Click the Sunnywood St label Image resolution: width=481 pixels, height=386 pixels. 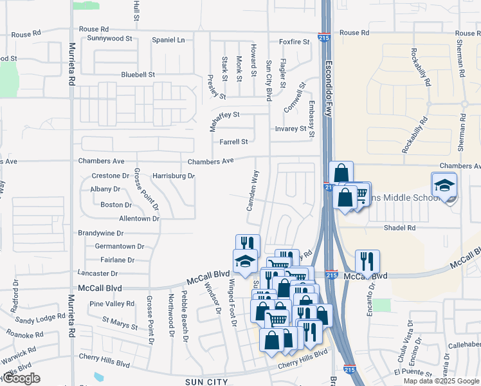click(x=109, y=39)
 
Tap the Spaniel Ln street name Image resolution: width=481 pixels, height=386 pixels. click(x=168, y=40)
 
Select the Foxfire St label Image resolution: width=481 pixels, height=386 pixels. click(x=295, y=42)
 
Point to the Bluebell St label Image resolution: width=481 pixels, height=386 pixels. click(x=138, y=75)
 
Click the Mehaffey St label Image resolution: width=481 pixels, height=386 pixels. click(x=220, y=115)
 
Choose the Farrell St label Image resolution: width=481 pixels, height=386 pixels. click(x=233, y=142)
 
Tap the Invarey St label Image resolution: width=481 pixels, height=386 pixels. click(x=291, y=129)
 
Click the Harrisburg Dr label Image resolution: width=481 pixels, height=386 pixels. click(x=173, y=176)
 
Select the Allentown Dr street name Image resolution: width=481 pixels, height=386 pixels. click(x=139, y=219)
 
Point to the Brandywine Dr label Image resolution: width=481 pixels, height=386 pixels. click(x=100, y=233)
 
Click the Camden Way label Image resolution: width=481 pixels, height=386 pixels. click(x=252, y=190)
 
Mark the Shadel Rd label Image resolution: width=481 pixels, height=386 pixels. click(x=399, y=228)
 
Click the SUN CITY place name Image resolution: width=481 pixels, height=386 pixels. click(x=206, y=382)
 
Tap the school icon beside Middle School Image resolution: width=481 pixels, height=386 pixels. click(x=444, y=186)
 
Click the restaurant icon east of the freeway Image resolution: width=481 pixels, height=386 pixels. click(x=367, y=261)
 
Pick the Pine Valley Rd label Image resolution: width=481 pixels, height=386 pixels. click(x=112, y=304)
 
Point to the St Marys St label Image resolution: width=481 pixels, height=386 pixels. click(x=120, y=323)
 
